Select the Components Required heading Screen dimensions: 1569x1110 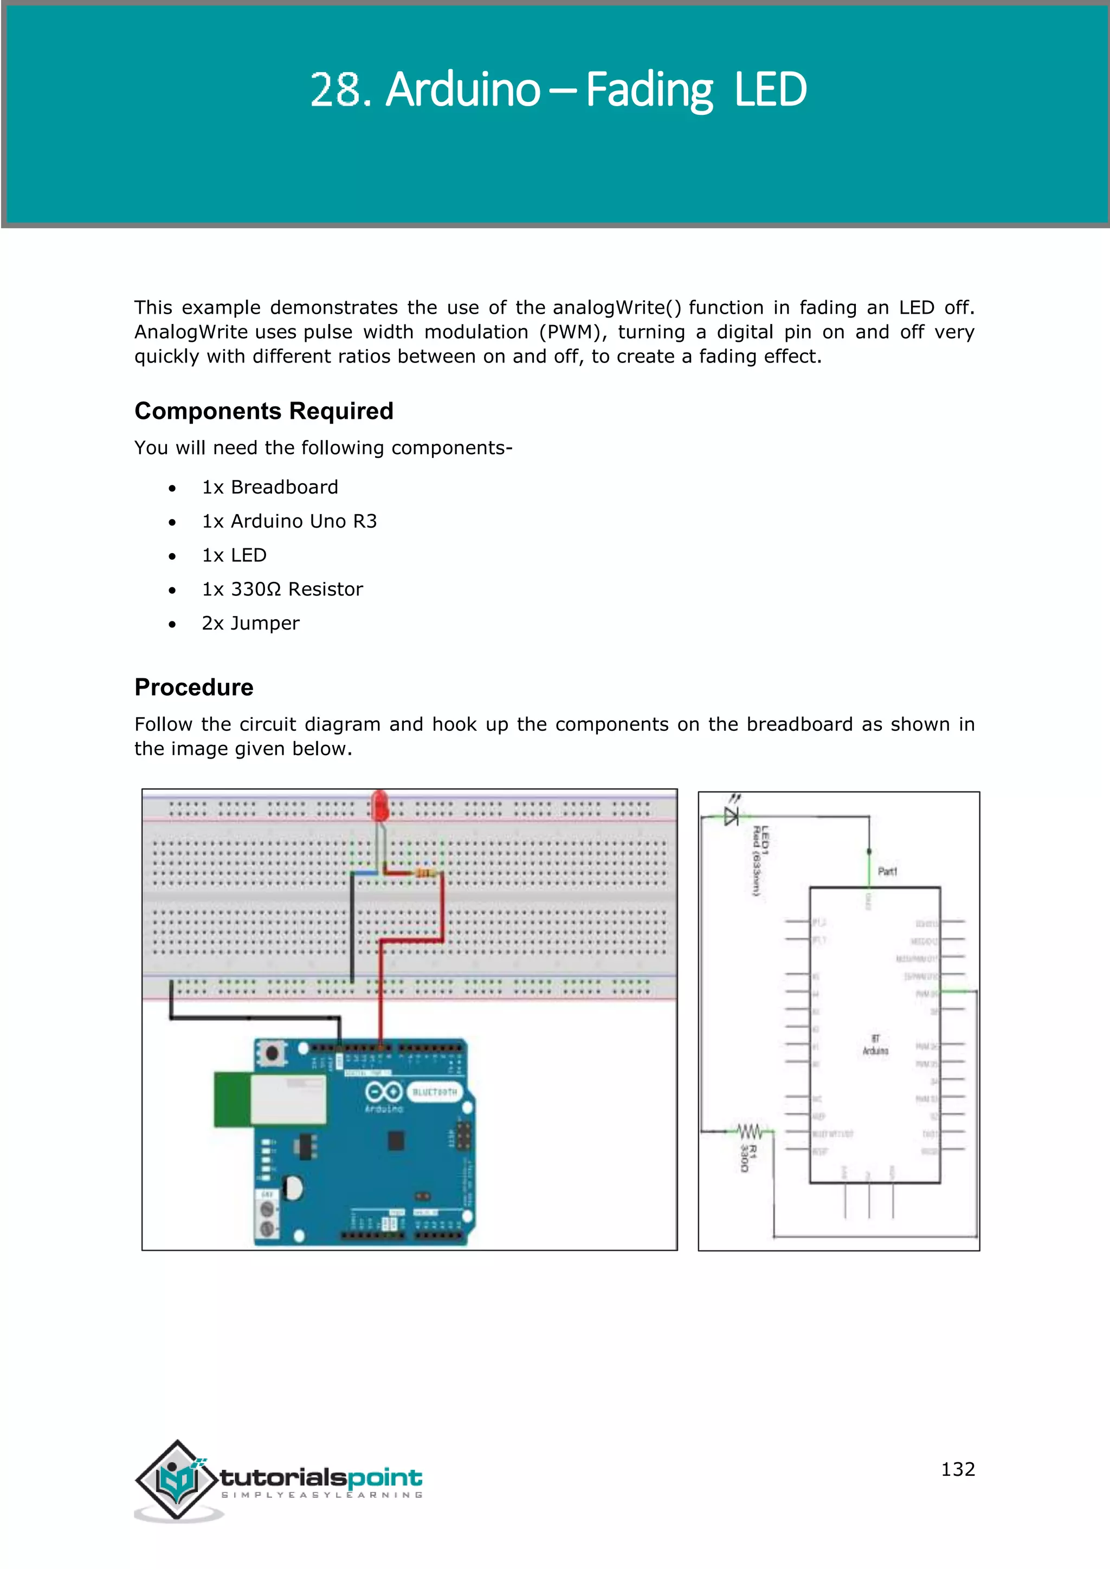(264, 411)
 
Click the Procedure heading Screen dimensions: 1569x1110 (193, 687)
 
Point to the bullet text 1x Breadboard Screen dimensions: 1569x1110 (270, 487)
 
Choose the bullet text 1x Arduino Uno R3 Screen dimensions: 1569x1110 (289, 521)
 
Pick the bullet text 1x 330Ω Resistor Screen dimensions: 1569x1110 (282, 589)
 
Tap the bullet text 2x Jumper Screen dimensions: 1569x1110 (250, 623)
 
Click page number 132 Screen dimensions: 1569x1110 (958, 1469)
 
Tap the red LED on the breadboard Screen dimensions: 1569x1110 (380, 806)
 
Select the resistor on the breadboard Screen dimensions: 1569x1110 (425, 873)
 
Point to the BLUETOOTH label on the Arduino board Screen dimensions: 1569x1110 (434, 1092)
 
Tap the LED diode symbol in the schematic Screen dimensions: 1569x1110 (731, 816)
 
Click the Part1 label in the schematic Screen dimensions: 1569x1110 (887, 871)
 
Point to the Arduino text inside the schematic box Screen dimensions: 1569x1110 (875, 1051)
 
